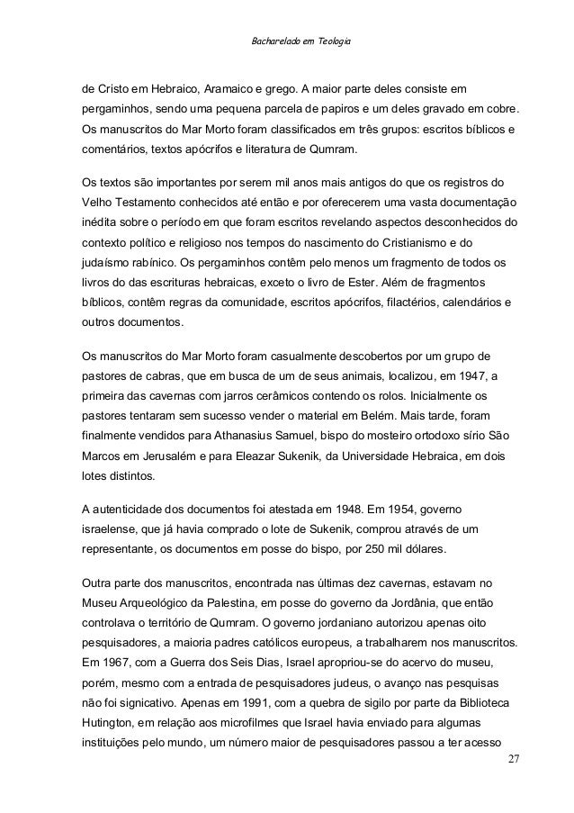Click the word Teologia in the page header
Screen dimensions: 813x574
[333, 42]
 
